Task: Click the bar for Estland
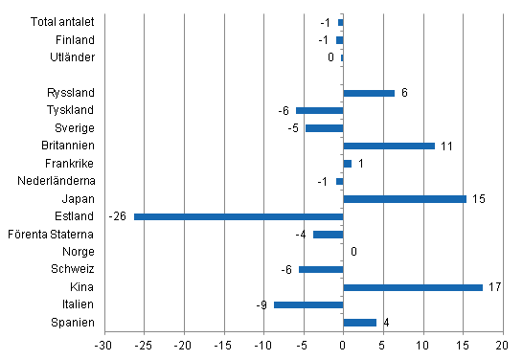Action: point(239,216)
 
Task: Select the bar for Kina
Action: point(413,287)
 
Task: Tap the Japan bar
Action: point(404,199)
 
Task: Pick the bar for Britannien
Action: point(389,146)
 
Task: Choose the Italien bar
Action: point(308,304)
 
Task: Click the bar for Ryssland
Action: point(369,93)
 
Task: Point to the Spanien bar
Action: point(359,323)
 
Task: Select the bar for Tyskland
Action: point(320,111)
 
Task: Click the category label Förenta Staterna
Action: point(50,235)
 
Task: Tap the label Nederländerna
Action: point(57,181)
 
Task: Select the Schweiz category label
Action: point(73,270)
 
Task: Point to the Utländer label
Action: point(72,57)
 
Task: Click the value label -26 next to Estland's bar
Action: point(119,216)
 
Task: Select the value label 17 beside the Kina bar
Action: point(494,287)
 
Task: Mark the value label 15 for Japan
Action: point(478,199)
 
